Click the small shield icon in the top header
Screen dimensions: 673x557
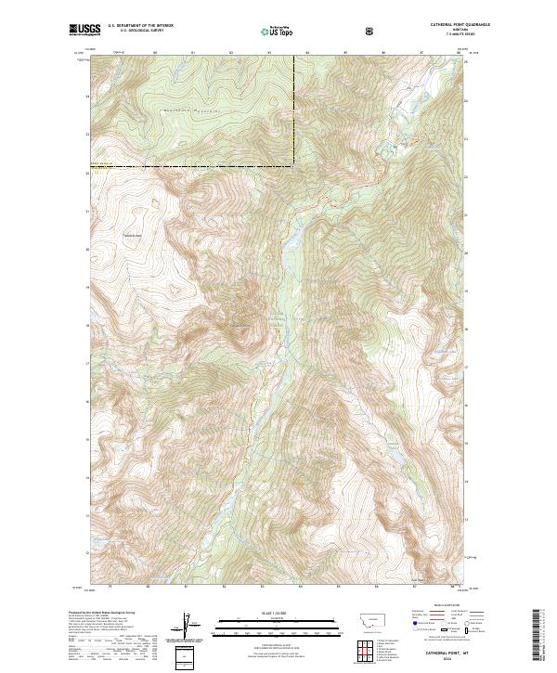[371, 31]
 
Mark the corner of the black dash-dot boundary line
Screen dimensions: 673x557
[295, 166]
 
